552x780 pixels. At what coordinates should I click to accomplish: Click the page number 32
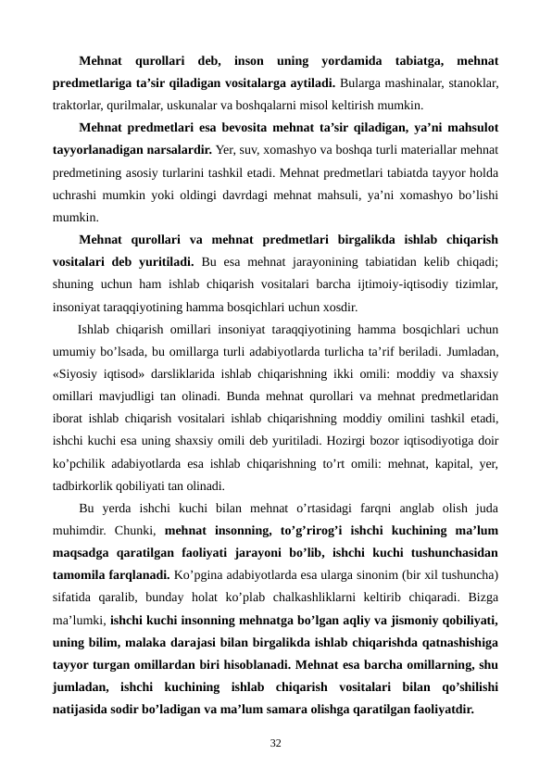tap(276, 743)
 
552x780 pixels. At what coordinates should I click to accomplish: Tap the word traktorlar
tap(80, 104)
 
